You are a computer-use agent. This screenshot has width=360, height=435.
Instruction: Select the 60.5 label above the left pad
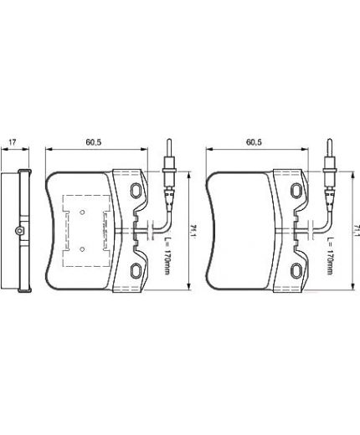pos(94,141)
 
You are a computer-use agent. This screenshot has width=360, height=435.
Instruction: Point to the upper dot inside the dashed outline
pos(83,211)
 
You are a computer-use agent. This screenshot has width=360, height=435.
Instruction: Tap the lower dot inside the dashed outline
pos(83,248)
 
